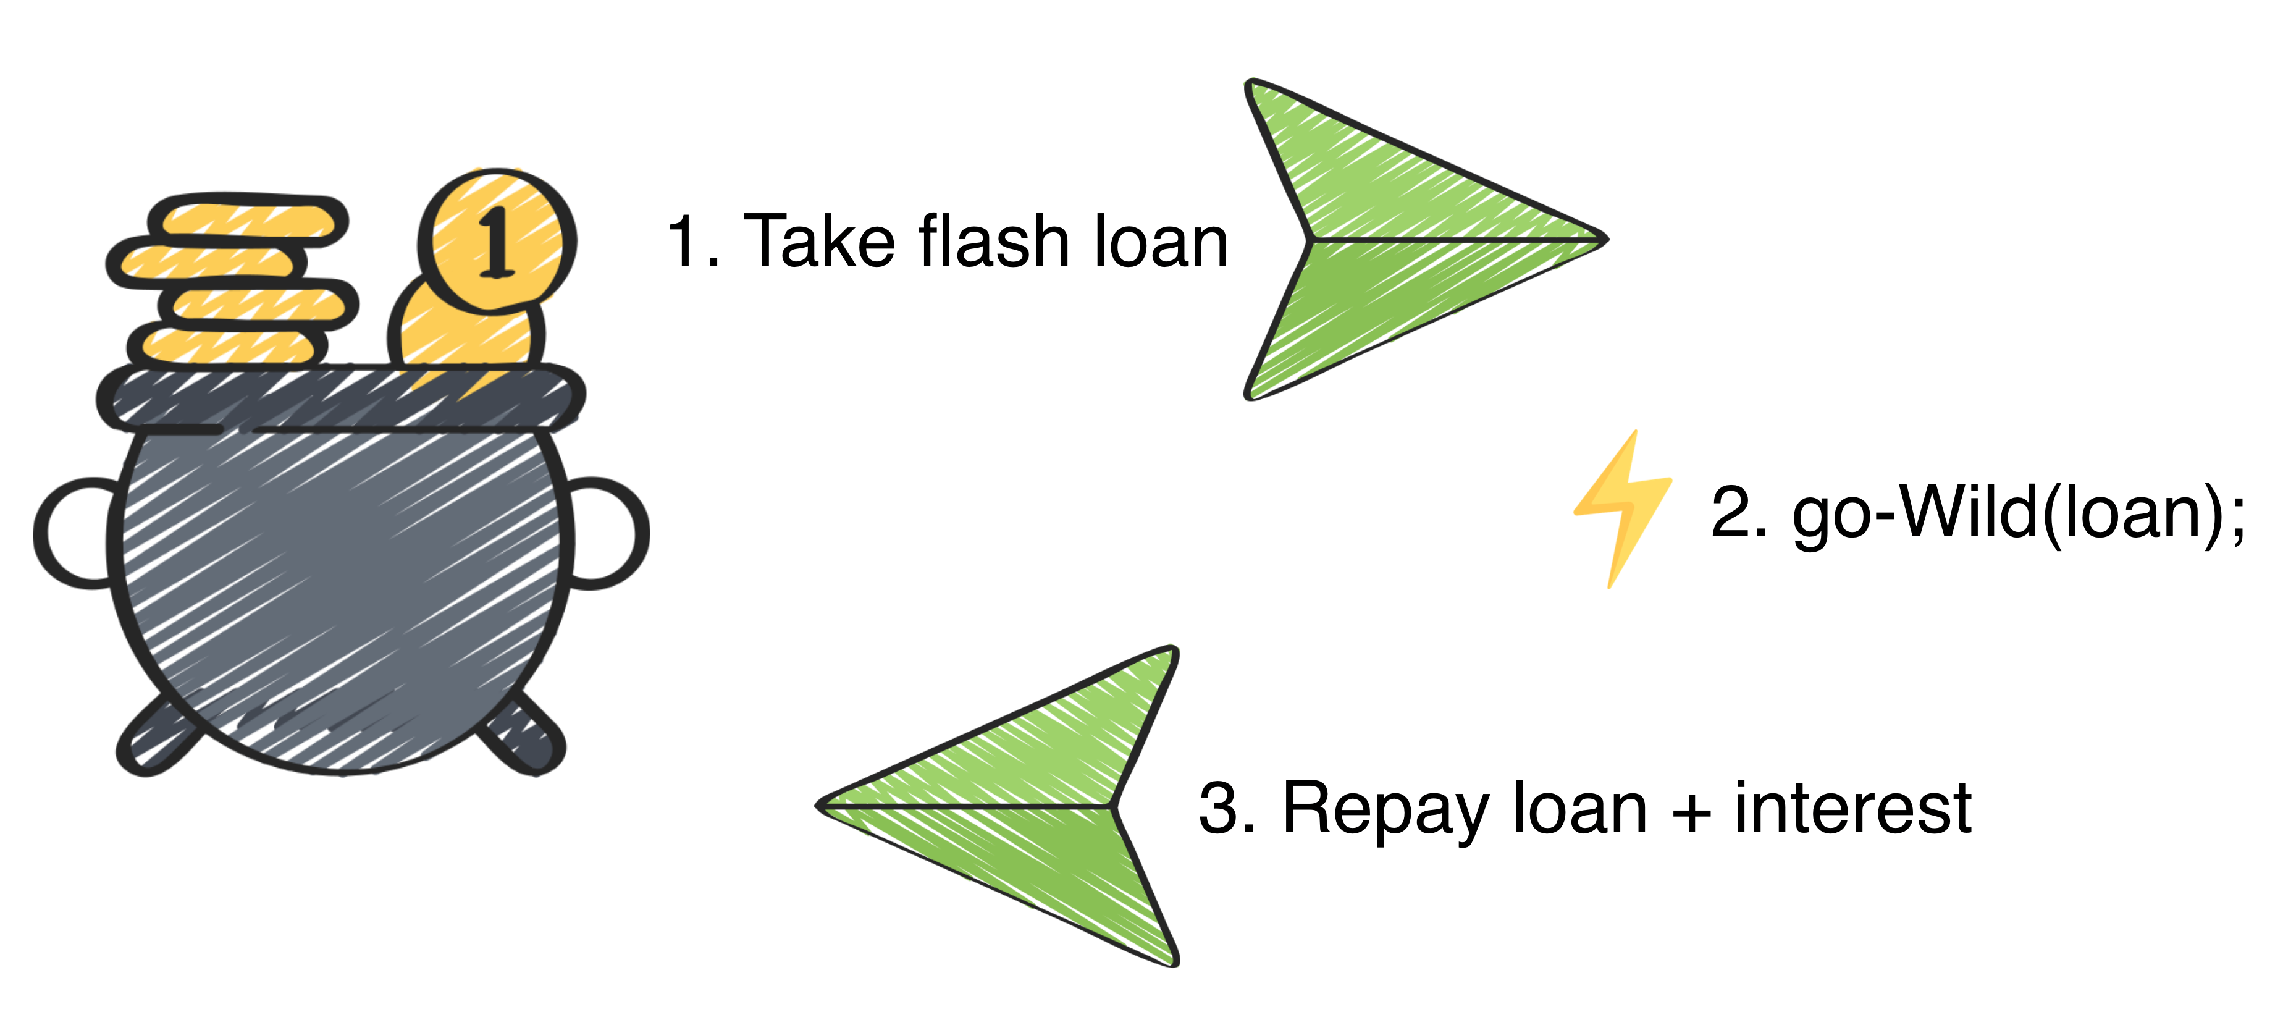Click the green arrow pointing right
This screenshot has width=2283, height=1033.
(x=1400, y=240)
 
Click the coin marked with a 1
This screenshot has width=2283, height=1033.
(x=495, y=240)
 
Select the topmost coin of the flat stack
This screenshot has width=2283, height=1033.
(x=248, y=218)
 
